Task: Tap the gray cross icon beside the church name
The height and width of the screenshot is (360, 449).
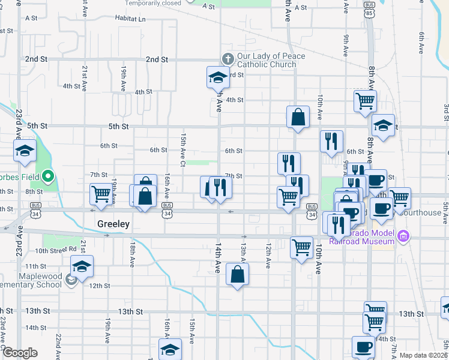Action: (228, 59)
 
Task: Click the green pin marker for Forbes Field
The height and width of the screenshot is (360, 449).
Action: (49, 177)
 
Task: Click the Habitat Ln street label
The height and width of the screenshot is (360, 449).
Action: (133, 19)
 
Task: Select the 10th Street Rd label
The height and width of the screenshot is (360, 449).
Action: (56, 250)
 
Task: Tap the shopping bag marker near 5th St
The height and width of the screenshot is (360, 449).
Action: (298, 118)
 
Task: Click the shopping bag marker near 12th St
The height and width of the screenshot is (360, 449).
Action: (238, 275)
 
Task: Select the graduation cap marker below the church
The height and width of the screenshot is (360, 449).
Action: (218, 77)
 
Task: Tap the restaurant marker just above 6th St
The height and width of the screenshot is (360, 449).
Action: (331, 142)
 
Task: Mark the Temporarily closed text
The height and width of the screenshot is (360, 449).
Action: (153, 3)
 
